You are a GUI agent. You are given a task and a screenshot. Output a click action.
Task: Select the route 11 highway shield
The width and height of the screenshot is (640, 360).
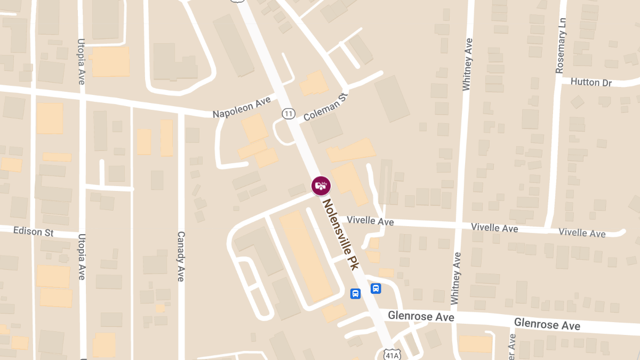coord(289,113)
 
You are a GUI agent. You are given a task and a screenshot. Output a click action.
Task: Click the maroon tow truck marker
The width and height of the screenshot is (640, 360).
coord(321,186)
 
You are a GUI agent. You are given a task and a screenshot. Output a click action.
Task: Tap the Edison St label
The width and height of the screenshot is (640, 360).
coord(34,232)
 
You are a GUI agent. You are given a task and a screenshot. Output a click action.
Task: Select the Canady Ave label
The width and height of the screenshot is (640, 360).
coord(180,256)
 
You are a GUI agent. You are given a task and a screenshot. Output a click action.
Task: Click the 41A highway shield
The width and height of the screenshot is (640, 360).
coord(390,353)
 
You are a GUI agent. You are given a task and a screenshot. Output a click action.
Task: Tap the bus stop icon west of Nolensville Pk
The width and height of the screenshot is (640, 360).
coord(355,293)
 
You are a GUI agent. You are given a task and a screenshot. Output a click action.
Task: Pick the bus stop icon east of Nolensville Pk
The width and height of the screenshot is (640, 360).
coord(375,289)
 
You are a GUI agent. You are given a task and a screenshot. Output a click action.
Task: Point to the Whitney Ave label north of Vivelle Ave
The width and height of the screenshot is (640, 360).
coord(468,64)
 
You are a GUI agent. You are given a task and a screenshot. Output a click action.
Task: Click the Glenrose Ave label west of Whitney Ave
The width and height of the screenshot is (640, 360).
coord(421,316)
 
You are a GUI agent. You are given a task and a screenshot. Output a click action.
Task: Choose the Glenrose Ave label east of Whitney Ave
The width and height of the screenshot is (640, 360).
coord(547,324)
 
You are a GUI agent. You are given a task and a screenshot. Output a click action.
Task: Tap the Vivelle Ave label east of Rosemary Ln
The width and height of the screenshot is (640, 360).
coord(582,233)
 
